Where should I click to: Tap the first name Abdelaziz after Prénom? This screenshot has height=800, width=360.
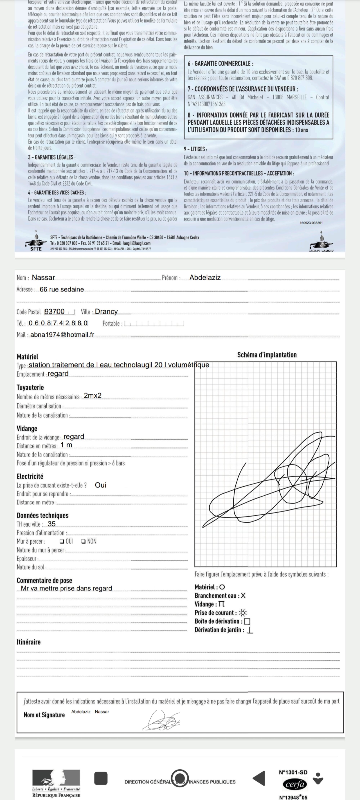205,277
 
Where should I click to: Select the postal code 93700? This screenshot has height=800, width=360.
55,311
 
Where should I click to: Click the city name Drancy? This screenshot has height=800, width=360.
106,311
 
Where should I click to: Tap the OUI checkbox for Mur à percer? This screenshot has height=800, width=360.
62,541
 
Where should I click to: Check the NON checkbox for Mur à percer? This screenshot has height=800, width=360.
83,541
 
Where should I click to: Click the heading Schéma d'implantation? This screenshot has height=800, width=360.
267,355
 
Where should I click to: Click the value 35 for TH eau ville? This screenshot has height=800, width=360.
51,524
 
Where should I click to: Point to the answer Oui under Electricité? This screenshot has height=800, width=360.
100,485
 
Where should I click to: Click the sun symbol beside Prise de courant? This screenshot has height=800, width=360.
243,613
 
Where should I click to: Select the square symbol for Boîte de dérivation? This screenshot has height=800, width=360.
247,621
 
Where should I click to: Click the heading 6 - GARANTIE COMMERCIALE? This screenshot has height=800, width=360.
220,64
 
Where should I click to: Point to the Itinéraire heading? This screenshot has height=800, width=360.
29,642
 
